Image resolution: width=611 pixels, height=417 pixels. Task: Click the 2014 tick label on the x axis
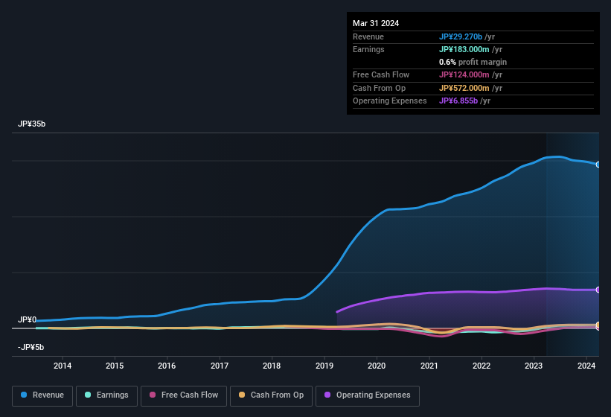pos(63,366)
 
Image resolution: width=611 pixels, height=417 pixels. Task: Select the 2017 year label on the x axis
pos(220,366)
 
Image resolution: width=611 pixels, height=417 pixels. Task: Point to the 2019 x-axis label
pos(324,366)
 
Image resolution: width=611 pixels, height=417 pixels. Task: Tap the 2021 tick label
pos(429,366)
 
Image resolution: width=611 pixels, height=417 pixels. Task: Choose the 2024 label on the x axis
pos(586,366)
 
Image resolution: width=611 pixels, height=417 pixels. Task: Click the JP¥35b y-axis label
pos(32,124)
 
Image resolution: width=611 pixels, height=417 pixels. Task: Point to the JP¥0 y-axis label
pos(27,319)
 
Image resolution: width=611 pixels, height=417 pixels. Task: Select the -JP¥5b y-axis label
pos(31,347)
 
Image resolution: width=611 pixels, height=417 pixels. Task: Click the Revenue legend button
pos(42,395)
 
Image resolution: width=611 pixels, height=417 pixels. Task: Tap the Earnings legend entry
pos(106,395)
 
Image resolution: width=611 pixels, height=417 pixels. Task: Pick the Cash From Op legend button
pos(271,395)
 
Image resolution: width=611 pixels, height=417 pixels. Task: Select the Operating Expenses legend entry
pos(368,395)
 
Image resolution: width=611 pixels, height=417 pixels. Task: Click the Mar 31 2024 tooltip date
pos(376,23)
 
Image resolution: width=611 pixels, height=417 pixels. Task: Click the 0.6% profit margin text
pos(473,62)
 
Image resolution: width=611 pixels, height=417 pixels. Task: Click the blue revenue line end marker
pos(598,165)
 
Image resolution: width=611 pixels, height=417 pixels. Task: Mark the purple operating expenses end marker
pos(598,290)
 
